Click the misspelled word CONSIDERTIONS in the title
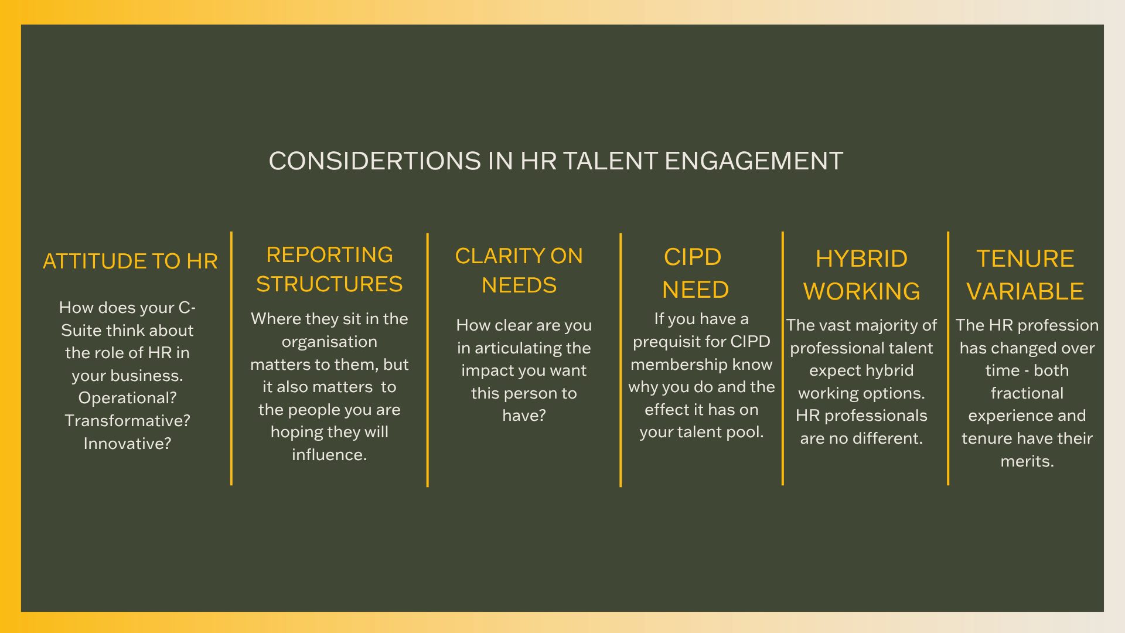375,161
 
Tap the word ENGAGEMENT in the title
754,161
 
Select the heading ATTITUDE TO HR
130,261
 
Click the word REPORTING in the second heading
329,255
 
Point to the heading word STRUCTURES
329,284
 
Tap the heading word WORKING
861,291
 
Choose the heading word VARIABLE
1025,291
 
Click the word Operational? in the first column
127,398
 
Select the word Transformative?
127,421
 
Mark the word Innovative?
127,444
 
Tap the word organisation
329,342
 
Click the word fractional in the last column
1027,393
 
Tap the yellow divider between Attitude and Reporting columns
231,359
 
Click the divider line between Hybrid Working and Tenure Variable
948,359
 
